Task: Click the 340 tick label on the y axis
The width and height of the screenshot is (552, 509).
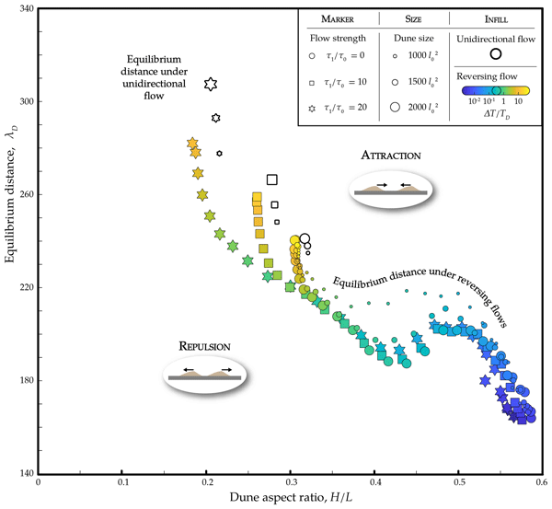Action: point(26,9)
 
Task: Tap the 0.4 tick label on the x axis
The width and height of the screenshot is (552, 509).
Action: point(374,481)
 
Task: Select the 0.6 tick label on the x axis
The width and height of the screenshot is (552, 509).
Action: point(542,481)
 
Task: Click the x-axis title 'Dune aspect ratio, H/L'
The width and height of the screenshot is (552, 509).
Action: point(291,498)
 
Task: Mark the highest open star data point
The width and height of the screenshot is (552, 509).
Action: point(211,85)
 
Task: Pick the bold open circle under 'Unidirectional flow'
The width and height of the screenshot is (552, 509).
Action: point(496,53)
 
